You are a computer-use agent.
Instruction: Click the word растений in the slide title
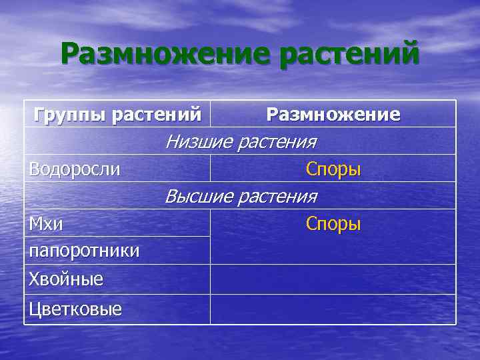tap(349, 54)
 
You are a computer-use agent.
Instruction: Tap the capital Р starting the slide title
tap(72, 53)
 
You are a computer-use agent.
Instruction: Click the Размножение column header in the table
tap(333, 115)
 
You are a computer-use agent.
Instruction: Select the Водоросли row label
tap(75, 169)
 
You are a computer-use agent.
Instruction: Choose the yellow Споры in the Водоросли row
tap(333, 169)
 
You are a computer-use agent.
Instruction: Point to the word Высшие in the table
tap(198, 197)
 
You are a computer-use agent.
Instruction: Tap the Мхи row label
tap(46, 224)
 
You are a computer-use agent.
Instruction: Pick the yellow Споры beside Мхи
tap(333, 224)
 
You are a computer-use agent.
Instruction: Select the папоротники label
tap(84, 251)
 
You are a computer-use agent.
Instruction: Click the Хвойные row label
tap(66, 279)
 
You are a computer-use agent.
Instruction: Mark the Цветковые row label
tap(75, 309)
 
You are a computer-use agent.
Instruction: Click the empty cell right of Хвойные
tap(333, 279)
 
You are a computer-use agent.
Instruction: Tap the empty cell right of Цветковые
tap(333, 309)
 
